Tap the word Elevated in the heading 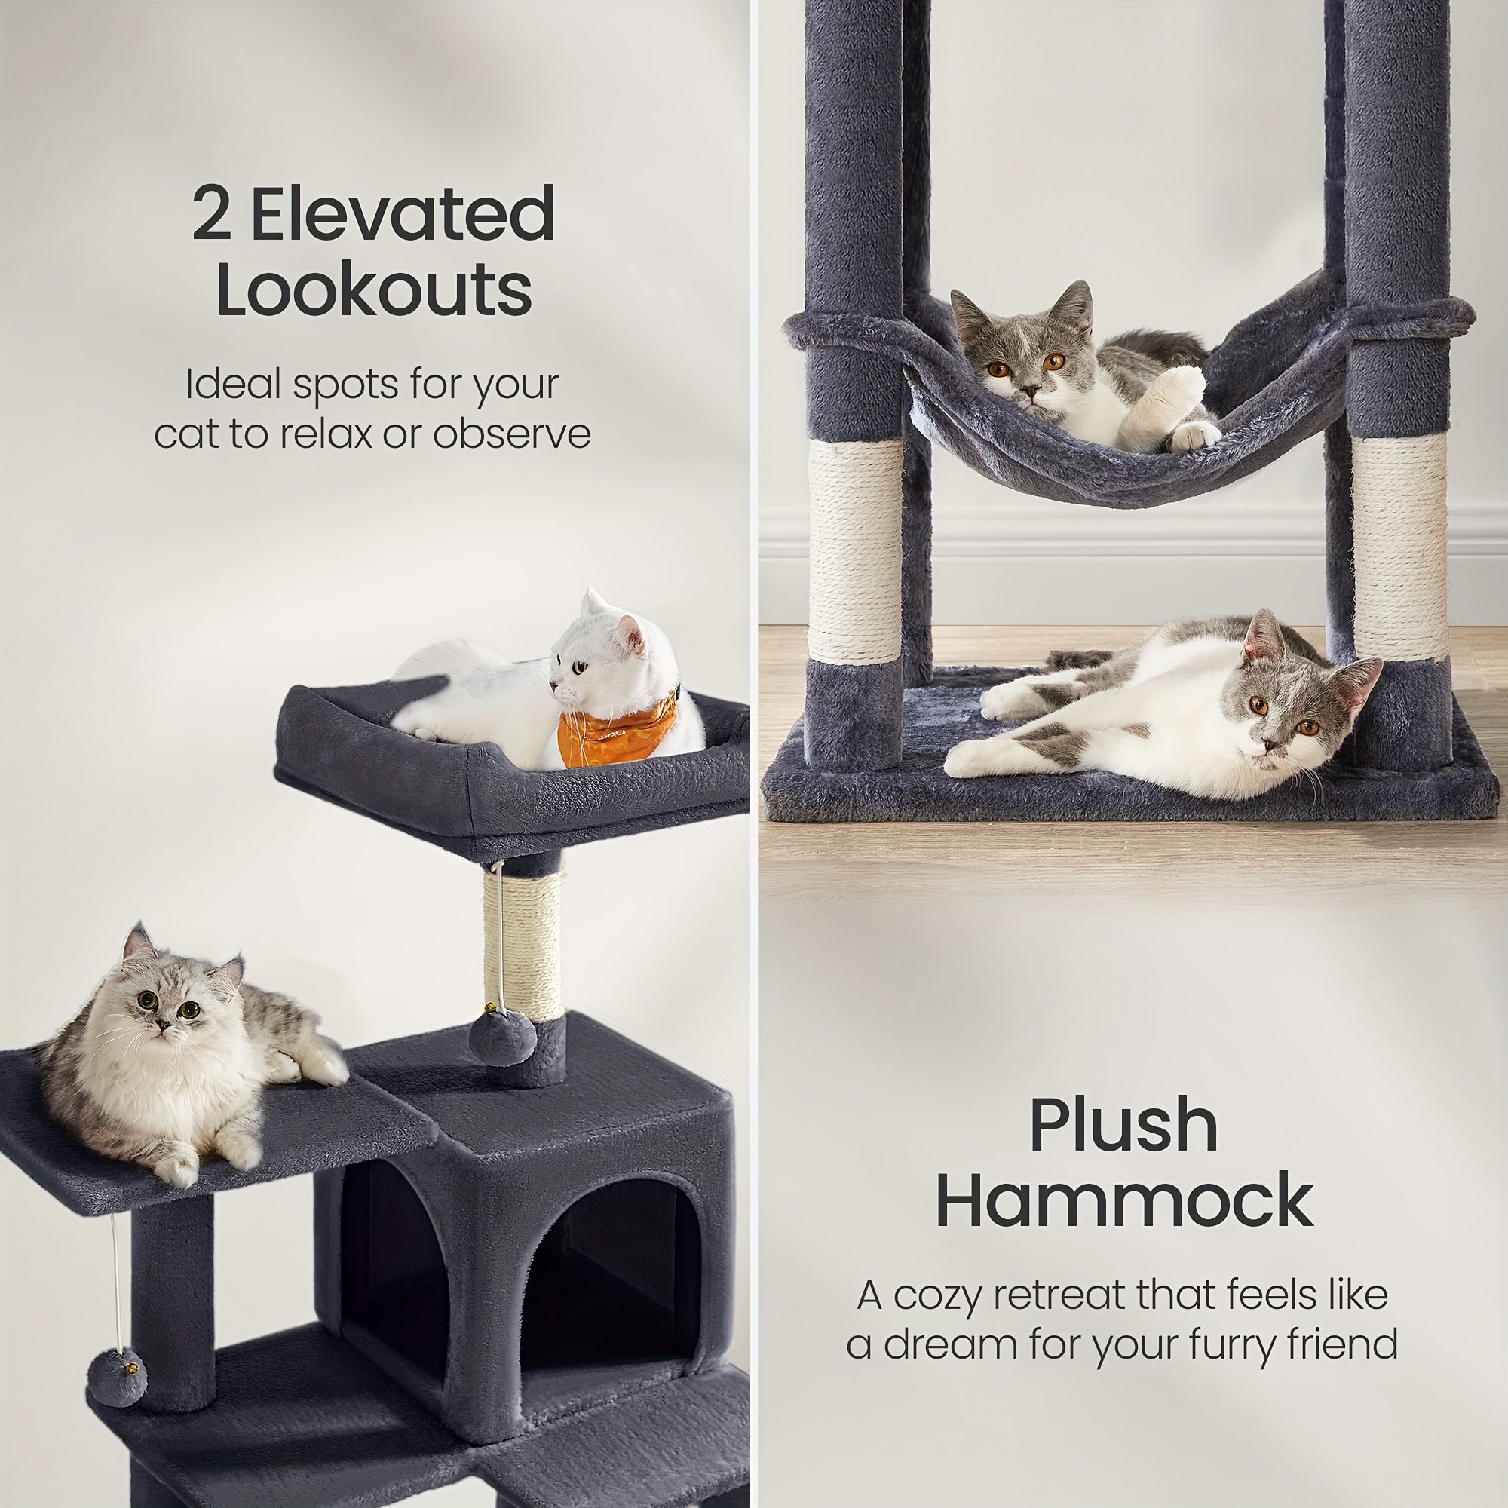click(x=403, y=215)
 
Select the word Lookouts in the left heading click(x=374, y=290)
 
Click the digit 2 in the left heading click(x=212, y=215)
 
